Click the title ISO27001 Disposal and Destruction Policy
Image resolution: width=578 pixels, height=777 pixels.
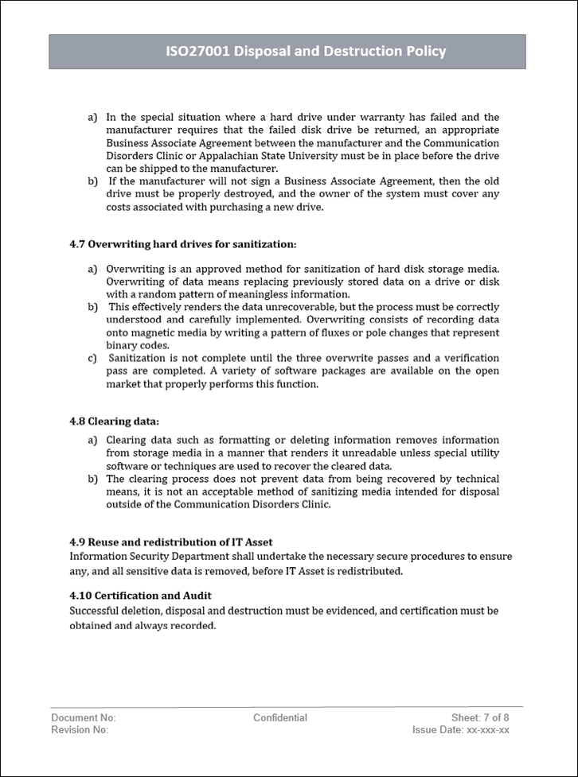click(306, 52)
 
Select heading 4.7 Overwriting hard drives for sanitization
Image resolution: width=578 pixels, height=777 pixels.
click(182, 243)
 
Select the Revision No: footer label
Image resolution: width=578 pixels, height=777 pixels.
click(80, 729)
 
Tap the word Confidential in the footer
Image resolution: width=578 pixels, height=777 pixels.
click(280, 717)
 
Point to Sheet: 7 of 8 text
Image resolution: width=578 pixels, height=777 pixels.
click(480, 717)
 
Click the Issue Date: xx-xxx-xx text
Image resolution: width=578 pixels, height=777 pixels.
click(461, 729)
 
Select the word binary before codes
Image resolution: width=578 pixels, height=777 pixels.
click(122, 345)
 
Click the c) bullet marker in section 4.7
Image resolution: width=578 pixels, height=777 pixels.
click(92, 358)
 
